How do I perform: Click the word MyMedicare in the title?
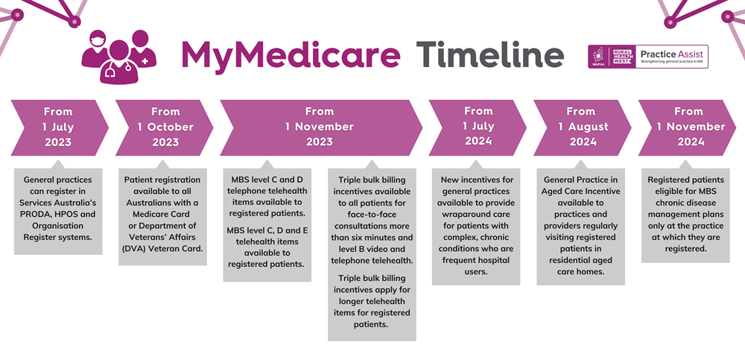[x=291, y=55]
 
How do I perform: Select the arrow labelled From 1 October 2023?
[x=165, y=127]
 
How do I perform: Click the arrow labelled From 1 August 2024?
[x=583, y=127]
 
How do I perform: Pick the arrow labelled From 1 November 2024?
[x=687, y=127]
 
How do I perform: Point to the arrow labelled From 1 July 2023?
[x=60, y=127]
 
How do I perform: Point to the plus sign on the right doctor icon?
[x=144, y=63]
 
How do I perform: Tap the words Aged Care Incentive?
[x=580, y=191]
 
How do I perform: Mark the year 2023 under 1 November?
[x=320, y=142]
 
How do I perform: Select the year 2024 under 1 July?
[x=478, y=141]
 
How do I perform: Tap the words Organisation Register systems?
[x=58, y=231]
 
